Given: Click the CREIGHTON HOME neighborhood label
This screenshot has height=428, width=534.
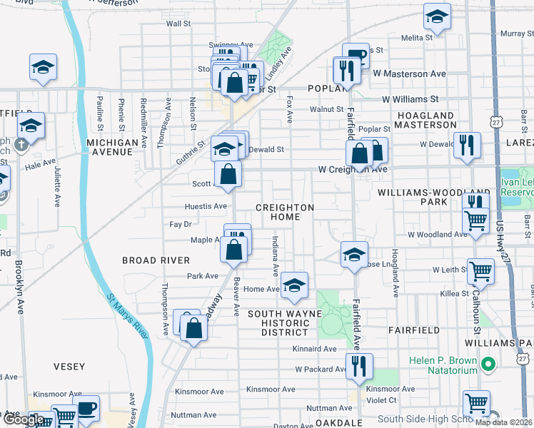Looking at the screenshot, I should pos(285,212).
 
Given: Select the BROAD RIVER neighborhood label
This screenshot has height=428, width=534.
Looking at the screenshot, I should pos(156,260).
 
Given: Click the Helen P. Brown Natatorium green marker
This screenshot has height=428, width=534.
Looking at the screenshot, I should pos(488,365).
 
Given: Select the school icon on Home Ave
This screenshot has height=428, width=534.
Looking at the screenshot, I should pos(293,285).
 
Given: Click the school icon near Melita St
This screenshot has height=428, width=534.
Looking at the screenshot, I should pos(437,16).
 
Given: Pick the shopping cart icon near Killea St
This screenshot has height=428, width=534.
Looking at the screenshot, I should pos(480,271).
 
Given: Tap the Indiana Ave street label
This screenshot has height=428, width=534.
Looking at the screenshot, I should pos(275,257).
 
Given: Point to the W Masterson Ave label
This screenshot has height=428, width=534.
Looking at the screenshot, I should pos(409,73).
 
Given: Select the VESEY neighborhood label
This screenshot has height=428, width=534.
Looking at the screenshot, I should pos(69,367).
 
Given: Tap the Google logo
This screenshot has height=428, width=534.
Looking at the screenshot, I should pos(23,419).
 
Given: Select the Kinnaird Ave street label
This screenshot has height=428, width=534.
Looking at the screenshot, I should pos(313,349).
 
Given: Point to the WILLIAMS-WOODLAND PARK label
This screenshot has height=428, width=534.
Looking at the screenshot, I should pos(433,197).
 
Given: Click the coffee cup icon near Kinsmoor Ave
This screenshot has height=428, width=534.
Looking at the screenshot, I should pos(87,409).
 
